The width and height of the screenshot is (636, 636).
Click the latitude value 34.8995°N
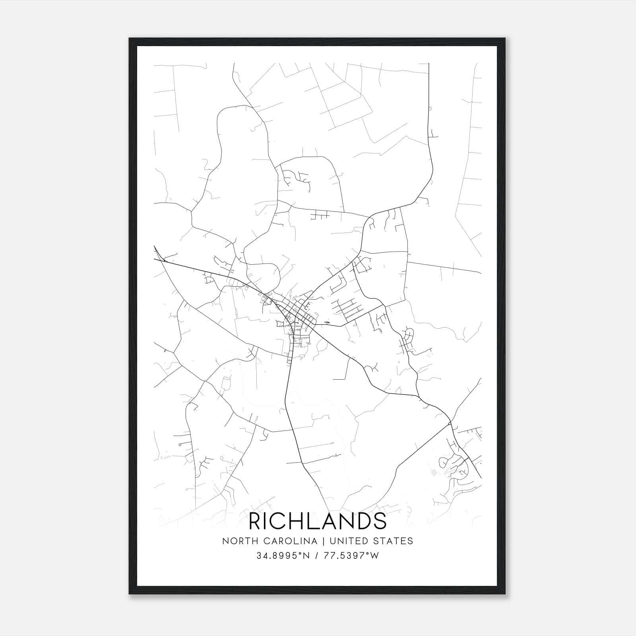(282, 556)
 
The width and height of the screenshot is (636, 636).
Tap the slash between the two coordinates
(316, 556)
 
